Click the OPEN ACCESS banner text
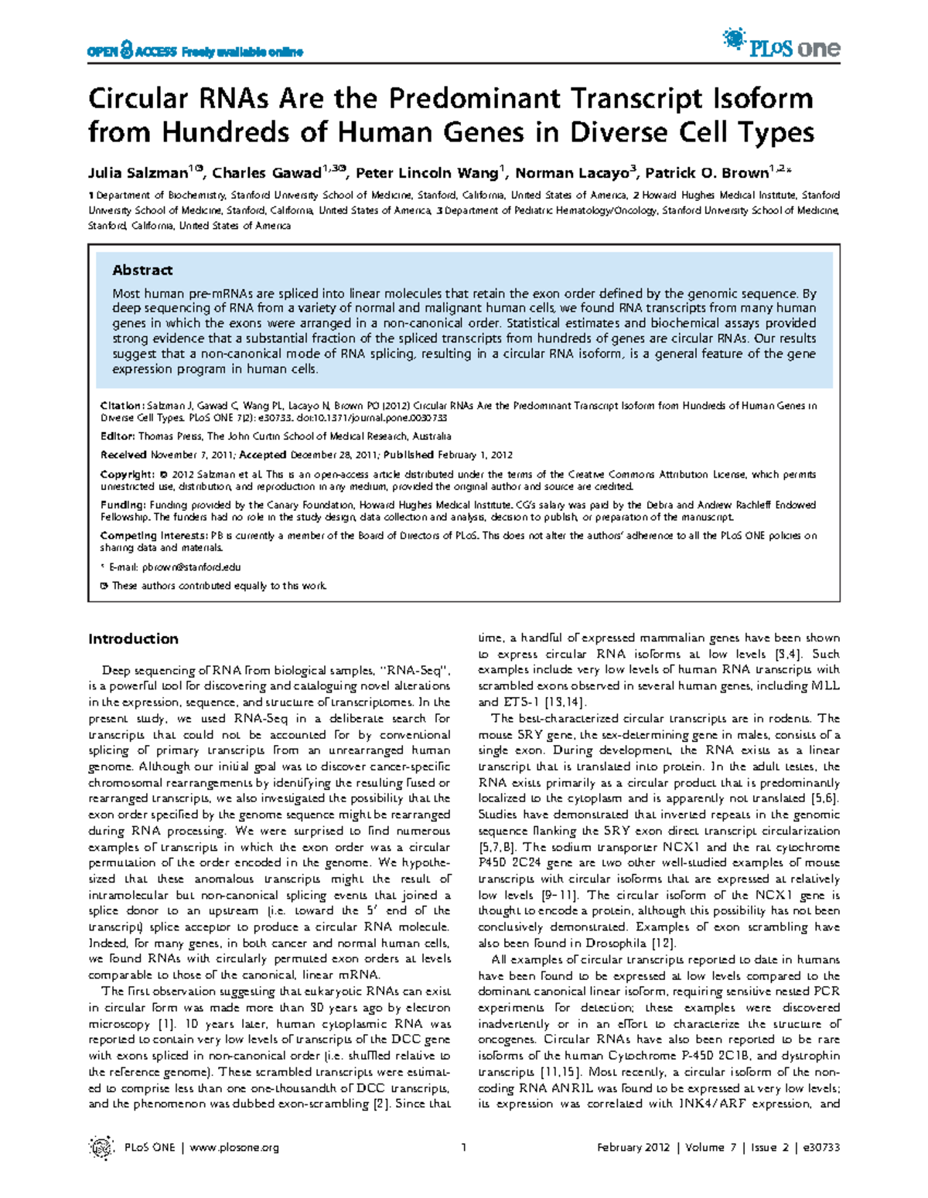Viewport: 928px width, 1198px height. coord(194,52)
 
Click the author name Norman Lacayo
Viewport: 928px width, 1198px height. coord(571,172)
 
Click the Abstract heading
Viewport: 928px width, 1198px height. coord(142,270)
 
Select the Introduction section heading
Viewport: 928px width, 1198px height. coord(133,638)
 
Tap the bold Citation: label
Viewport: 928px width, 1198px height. coord(122,405)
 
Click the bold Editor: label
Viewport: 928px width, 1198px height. coord(118,436)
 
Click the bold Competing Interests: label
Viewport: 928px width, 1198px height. coord(155,535)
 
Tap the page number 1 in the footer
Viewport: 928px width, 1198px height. coord(463,1147)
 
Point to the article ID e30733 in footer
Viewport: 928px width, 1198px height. coord(821,1147)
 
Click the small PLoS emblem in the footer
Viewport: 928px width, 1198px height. coord(101,1147)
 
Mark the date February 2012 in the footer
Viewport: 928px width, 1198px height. coord(633,1147)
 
